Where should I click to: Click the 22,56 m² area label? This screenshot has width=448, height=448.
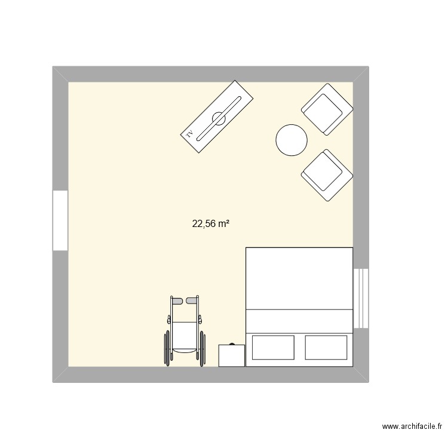(x=211, y=224)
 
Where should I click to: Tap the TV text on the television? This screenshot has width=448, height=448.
(x=190, y=134)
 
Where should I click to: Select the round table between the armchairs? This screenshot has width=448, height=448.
(x=291, y=140)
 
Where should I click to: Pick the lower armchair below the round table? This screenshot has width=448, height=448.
(x=326, y=174)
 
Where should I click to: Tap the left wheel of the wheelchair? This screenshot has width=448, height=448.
(x=166, y=347)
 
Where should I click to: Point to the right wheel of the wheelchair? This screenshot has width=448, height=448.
(x=203, y=347)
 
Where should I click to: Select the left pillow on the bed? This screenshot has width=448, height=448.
(x=274, y=347)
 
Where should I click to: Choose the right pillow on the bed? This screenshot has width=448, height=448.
(x=326, y=347)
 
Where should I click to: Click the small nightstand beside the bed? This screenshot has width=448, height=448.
(x=232, y=355)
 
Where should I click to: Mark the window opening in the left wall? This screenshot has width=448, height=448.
(x=60, y=220)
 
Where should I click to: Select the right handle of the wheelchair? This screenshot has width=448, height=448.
(x=192, y=299)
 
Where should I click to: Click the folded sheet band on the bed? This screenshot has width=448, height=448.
(x=299, y=319)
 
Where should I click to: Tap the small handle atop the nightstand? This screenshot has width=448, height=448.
(x=232, y=344)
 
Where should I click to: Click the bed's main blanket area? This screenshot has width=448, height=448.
(x=299, y=278)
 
